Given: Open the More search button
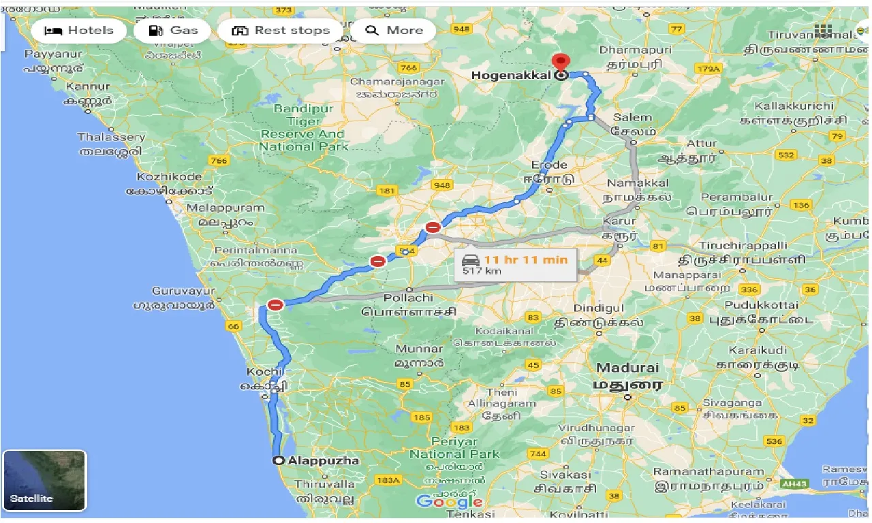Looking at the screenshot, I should [394, 31].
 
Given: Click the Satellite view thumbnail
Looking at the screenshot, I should [44, 481].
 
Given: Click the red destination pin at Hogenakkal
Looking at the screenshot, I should [561, 61].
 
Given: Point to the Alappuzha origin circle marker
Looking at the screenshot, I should [278, 461].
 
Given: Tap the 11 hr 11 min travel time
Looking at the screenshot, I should [525, 259].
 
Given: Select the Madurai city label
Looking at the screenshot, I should [627, 368].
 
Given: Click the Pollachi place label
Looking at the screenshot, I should [408, 298].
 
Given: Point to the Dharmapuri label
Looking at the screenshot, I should [636, 50].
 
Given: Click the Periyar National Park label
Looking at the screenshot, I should [455, 447].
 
